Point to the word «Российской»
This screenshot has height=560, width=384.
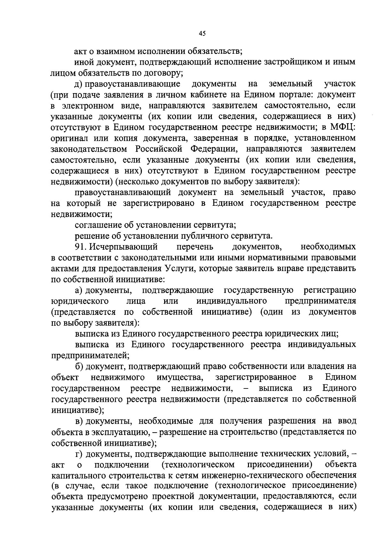coord(158,149)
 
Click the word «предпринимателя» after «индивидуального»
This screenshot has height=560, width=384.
coord(320,301)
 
